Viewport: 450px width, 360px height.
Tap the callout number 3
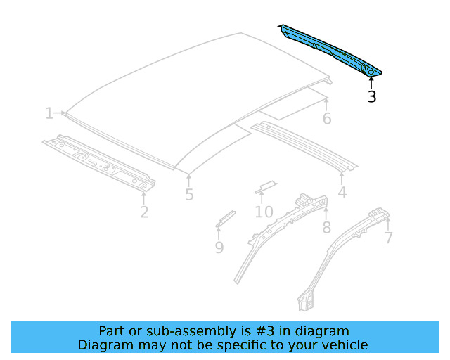[x=372, y=97]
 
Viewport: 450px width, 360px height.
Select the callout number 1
[x=49, y=113]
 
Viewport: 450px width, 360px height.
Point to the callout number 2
[x=144, y=211]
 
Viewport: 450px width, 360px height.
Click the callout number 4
[x=342, y=192]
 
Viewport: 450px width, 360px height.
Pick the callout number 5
[x=189, y=195]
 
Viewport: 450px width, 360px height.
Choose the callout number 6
[x=327, y=118]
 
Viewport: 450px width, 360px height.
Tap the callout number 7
[x=388, y=238]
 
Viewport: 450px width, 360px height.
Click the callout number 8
[x=326, y=227]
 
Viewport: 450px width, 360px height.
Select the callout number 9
[x=219, y=247]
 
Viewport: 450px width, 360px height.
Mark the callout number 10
[x=264, y=212]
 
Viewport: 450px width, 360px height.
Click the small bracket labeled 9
[x=225, y=218]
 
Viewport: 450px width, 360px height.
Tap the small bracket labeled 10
[x=266, y=186]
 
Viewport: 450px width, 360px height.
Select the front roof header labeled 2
[x=98, y=162]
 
